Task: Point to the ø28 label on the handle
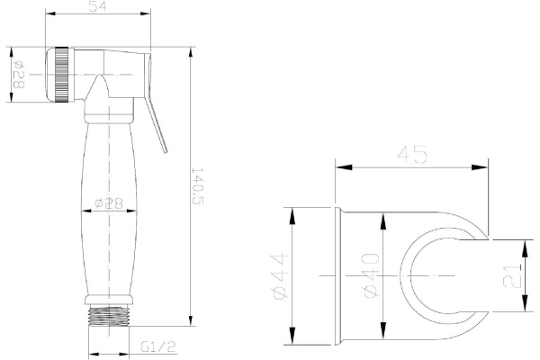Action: pos(110,204)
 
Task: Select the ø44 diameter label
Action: pos(280,276)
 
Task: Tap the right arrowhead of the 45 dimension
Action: pos(485,166)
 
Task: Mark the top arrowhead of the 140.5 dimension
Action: pos(192,50)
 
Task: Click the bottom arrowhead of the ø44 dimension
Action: pos(292,340)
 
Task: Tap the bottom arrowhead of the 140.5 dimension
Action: pos(192,327)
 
